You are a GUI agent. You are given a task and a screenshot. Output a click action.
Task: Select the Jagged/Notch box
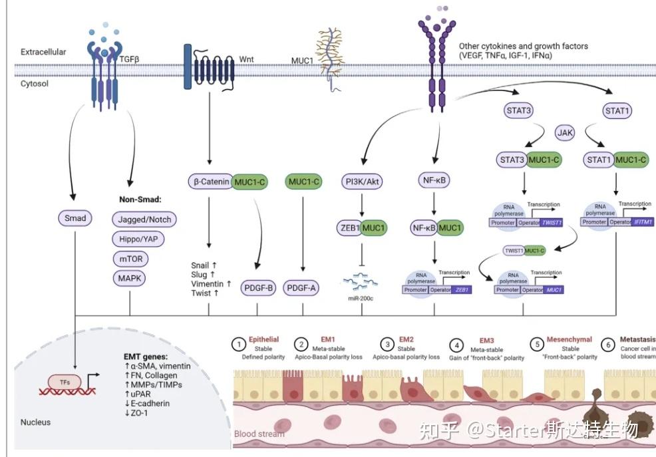click(142, 220)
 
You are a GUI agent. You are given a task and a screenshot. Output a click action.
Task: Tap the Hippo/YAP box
click(138, 239)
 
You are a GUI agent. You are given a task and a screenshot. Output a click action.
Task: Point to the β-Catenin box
click(210, 181)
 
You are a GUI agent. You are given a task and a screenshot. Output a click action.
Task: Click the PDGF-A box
click(302, 288)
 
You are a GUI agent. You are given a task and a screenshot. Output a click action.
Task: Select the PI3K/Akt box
click(364, 181)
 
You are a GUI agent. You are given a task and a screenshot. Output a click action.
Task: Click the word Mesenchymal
click(569, 339)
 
